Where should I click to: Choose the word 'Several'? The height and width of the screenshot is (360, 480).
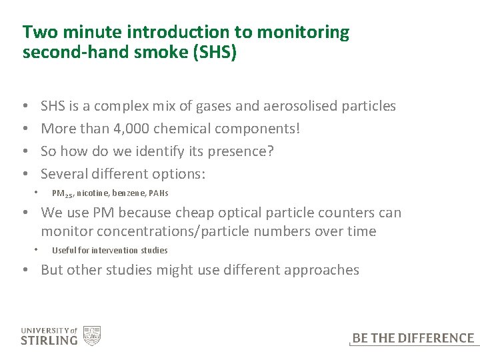click(x=64, y=174)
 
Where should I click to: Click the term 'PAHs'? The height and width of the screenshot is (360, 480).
click(x=159, y=193)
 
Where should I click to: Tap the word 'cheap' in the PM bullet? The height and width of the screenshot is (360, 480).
click(x=203, y=213)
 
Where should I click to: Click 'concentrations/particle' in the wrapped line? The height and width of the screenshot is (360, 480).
click(x=186, y=231)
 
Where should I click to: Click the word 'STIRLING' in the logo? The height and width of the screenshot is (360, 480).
click(x=49, y=341)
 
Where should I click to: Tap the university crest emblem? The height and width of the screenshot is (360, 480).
click(x=91, y=335)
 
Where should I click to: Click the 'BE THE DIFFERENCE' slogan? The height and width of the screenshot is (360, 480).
click(x=413, y=339)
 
